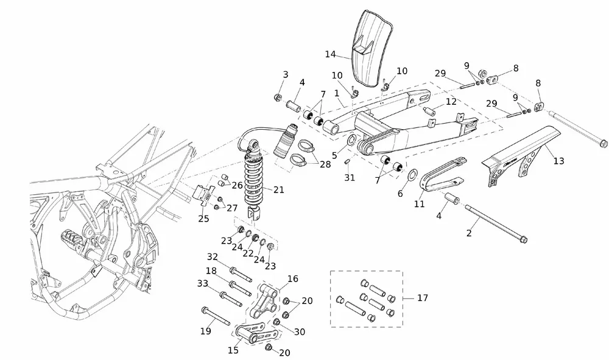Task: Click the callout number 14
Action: (330, 54)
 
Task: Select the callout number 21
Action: (279, 190)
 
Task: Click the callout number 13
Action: (558, 161)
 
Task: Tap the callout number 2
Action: (469, 233)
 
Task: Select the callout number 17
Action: (423, 298)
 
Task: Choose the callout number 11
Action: (419, 204)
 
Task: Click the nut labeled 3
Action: (278, 97)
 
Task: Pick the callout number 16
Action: (292, 278)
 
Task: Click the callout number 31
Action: (349, 177)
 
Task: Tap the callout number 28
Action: (325, 164)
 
